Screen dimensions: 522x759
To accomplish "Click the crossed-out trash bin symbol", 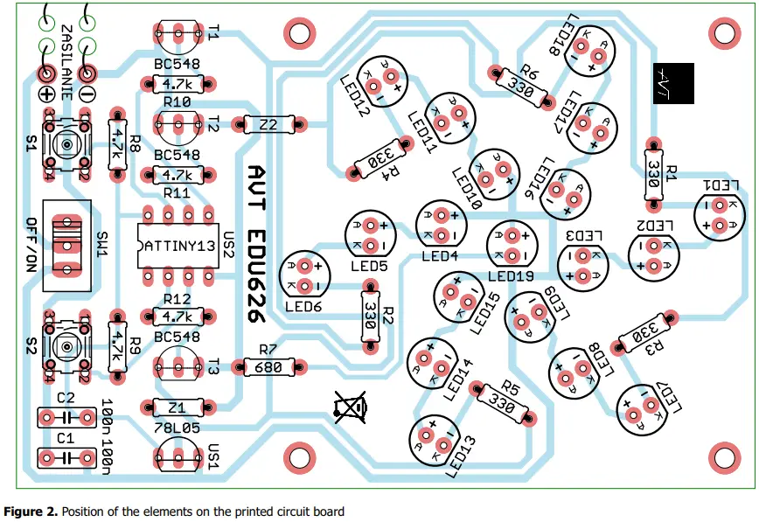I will point(351,407).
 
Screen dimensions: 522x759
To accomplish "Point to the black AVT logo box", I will point(672,84).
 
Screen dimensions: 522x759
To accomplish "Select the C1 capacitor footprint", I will point(66,457).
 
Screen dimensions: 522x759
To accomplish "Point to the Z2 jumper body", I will point(268,125).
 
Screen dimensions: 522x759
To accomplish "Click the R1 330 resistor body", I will point(652,174).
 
